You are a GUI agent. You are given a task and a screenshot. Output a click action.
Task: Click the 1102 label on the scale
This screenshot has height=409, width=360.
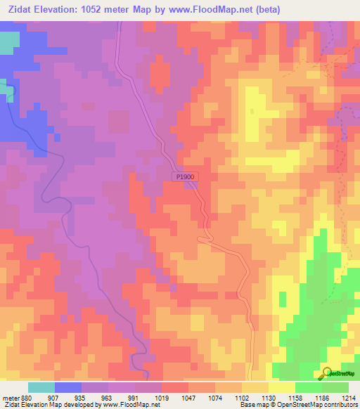pos(229,397)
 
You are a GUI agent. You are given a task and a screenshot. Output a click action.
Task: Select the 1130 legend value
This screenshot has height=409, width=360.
pos(256,397)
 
